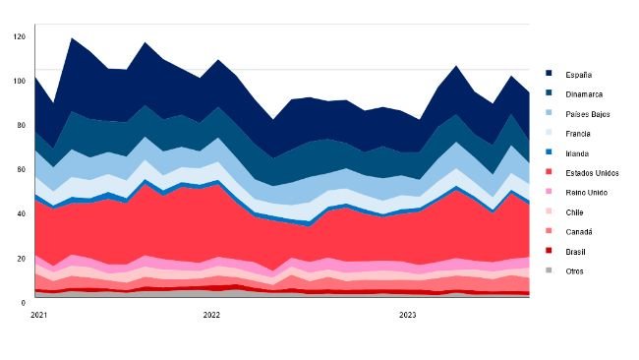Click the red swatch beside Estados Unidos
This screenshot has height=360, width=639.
(550, 173)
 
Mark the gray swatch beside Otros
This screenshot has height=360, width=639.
(550, 270)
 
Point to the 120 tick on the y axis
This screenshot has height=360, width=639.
(20, 36)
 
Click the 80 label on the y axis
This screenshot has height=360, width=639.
(22, 125)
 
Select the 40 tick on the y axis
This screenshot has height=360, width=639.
(22, 213)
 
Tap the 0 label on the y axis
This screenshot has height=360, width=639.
(24, 303)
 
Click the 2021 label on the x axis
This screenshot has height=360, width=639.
(39, 316)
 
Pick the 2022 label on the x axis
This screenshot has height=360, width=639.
(211, 316)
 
